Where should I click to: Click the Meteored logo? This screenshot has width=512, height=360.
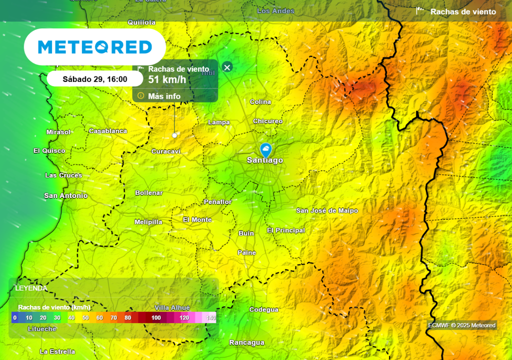(95, 47)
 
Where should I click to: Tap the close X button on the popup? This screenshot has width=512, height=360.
(227, 67)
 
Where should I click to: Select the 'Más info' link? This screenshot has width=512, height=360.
(164, 96)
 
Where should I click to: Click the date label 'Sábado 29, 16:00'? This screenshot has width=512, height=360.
(95, 79)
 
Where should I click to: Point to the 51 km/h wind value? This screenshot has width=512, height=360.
(167, 79)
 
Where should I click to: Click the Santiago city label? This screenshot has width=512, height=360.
(265, 160)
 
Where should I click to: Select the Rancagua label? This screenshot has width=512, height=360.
(246, 342)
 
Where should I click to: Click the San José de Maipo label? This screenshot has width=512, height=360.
(327, 210)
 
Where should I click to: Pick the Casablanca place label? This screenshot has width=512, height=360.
(108, 131)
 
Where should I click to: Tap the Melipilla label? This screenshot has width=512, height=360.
(148, 221)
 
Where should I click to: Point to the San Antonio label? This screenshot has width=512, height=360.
(65, 195)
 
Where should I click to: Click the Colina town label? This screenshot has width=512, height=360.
(260, 102)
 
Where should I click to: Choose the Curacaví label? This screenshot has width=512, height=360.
(166, 151)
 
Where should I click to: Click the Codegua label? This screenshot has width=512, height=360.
(263, 309)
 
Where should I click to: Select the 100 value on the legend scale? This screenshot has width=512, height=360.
(156, 317)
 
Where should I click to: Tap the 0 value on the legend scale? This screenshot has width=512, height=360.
(15, 317)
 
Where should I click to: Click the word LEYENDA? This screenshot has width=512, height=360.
(31, 288)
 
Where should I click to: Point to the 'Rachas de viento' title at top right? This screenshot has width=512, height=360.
(463, 12)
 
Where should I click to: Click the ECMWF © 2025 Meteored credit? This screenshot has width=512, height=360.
(462, 325)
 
